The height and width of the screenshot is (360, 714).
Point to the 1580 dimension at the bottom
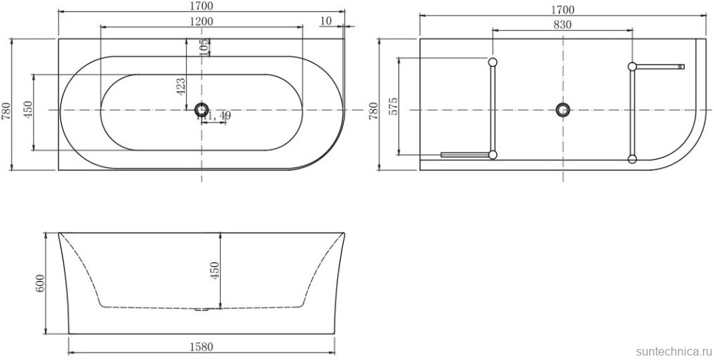pyautogui.click(x=201, y=347)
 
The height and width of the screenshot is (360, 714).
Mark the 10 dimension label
pyautogui.click(x=326, y=20)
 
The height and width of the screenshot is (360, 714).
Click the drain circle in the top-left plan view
pyautogui.click(x=202, y=110)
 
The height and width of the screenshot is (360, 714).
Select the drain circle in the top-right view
pyautogui.click(x=563, y=110)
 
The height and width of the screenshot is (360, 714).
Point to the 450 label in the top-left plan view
pyautogui.click(x=28, y=111)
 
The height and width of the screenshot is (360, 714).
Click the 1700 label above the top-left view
pyautogui.click(x=201, y=6)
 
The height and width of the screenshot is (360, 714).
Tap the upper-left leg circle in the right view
pyautogui.click(x=492, y=62)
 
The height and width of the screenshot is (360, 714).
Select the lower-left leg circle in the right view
pyautogui.click(x=492, y=155)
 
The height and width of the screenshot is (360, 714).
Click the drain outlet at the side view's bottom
pyautogui.click(x=202, y=310)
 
